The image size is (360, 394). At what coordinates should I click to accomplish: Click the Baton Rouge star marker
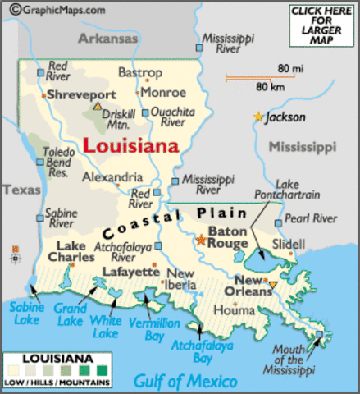(x=200, y=241)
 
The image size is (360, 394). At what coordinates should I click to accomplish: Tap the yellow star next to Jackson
(x=259, y=117)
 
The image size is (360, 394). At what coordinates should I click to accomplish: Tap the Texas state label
(x=20, y=190)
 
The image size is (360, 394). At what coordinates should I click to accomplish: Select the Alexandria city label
(x=112, y=176)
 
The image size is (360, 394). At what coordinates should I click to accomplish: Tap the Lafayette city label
(x=130, y=271)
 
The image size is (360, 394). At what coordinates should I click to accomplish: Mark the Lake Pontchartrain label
(x=309, y=190)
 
